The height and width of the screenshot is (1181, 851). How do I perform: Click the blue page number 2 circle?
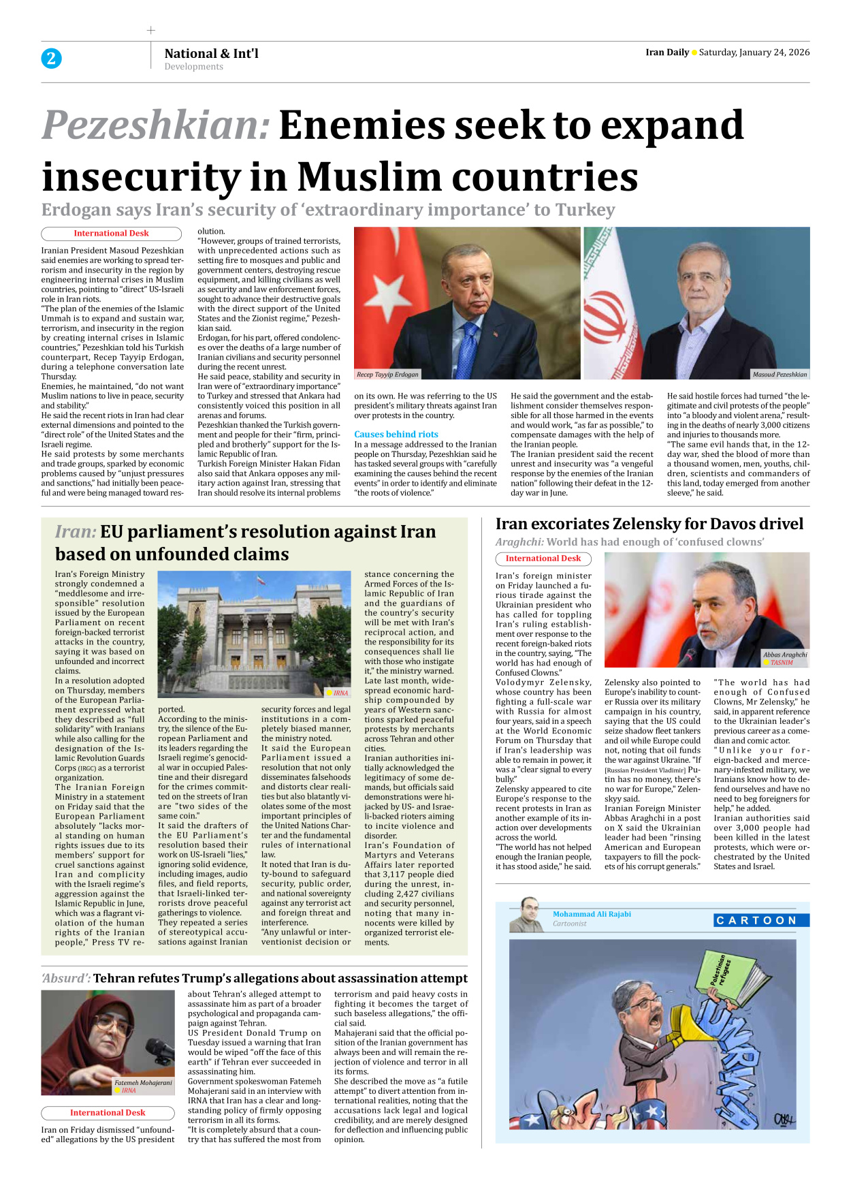[51, 59]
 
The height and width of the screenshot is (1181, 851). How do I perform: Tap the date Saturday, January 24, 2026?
[754, 52]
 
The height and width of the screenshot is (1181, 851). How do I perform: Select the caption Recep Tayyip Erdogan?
[387, 375]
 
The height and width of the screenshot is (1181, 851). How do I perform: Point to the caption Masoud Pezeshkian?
[780, 375]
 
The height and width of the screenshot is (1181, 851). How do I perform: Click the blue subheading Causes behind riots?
[396, 434]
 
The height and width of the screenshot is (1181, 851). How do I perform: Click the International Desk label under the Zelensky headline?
[543, 558]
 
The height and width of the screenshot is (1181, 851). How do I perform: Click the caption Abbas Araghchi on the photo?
[784, 655]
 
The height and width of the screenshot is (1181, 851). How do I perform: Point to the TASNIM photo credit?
[781, 662]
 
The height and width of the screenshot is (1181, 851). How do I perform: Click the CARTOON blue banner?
[761, 920]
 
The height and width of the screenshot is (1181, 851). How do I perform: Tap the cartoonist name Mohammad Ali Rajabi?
[592, 914]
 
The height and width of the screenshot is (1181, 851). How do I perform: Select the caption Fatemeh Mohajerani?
[143, 1082]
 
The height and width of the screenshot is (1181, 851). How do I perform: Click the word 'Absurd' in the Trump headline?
[65, 978]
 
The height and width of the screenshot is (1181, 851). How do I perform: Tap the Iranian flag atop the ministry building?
[259, 578]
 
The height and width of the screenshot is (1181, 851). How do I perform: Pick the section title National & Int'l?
[211, 53]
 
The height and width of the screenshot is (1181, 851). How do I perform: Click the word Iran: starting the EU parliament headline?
[76, 532]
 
